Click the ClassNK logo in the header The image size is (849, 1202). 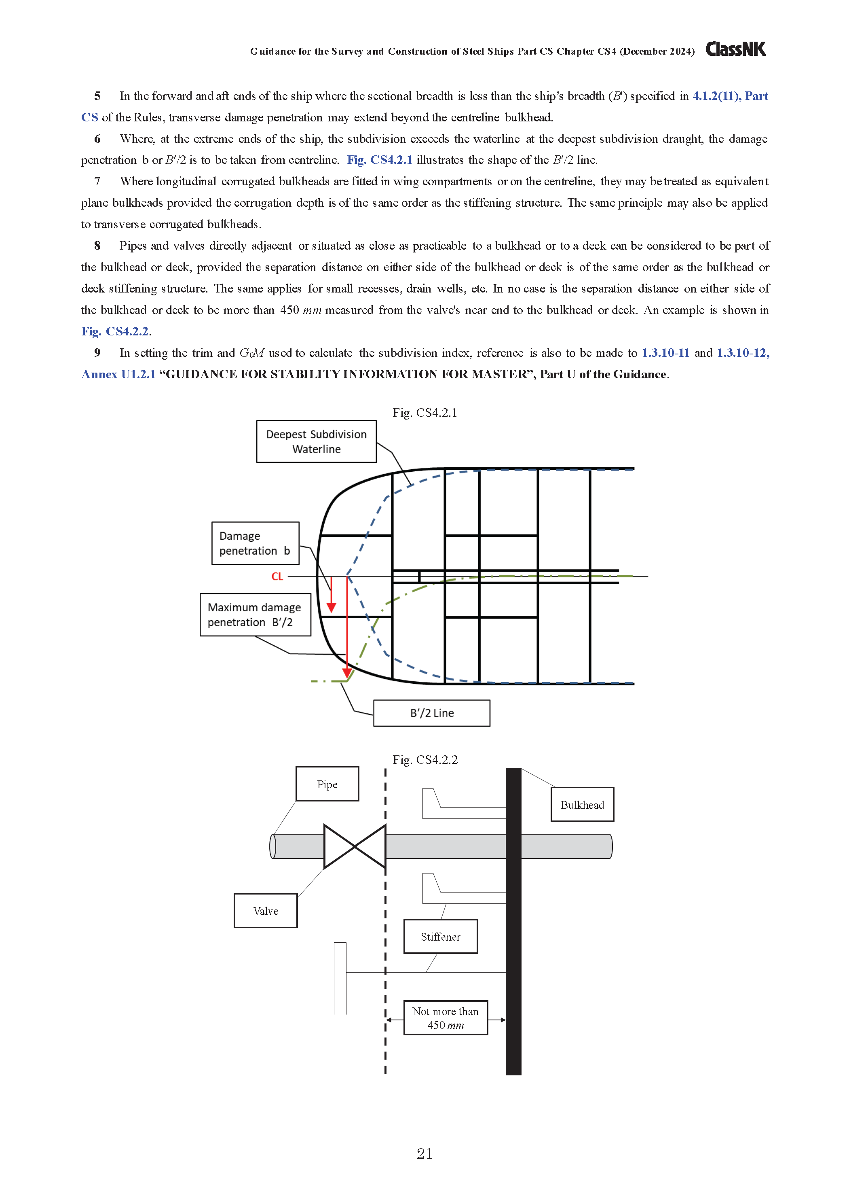click(x=735, y=49)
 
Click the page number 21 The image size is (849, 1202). click(x=424, y=1153)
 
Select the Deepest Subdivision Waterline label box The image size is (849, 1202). click(x=316, y=441)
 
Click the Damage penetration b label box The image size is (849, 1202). click(x=255, y=543)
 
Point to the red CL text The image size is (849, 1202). click(x=277, y=577)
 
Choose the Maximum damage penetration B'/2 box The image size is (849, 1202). click(x=255, y=615)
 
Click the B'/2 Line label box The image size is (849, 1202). click(x=431, y=713)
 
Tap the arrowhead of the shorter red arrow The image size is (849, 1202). click(x=331, y=607)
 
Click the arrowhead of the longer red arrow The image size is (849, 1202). click(x=347, y=674)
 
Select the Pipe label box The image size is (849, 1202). click(x=327, y=784)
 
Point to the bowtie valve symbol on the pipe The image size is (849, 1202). click(x=355, y=846)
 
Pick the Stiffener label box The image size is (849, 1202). click(x=440, y=937)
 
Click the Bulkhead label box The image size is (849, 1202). click(x=582, y=805)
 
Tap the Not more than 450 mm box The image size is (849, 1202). click(x=445, y=1018)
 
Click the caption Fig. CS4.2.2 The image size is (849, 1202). click(x=425, y=760)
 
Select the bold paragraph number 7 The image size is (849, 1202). click(x=97, y=181)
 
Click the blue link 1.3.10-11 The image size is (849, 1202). click(x=665, y=353)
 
